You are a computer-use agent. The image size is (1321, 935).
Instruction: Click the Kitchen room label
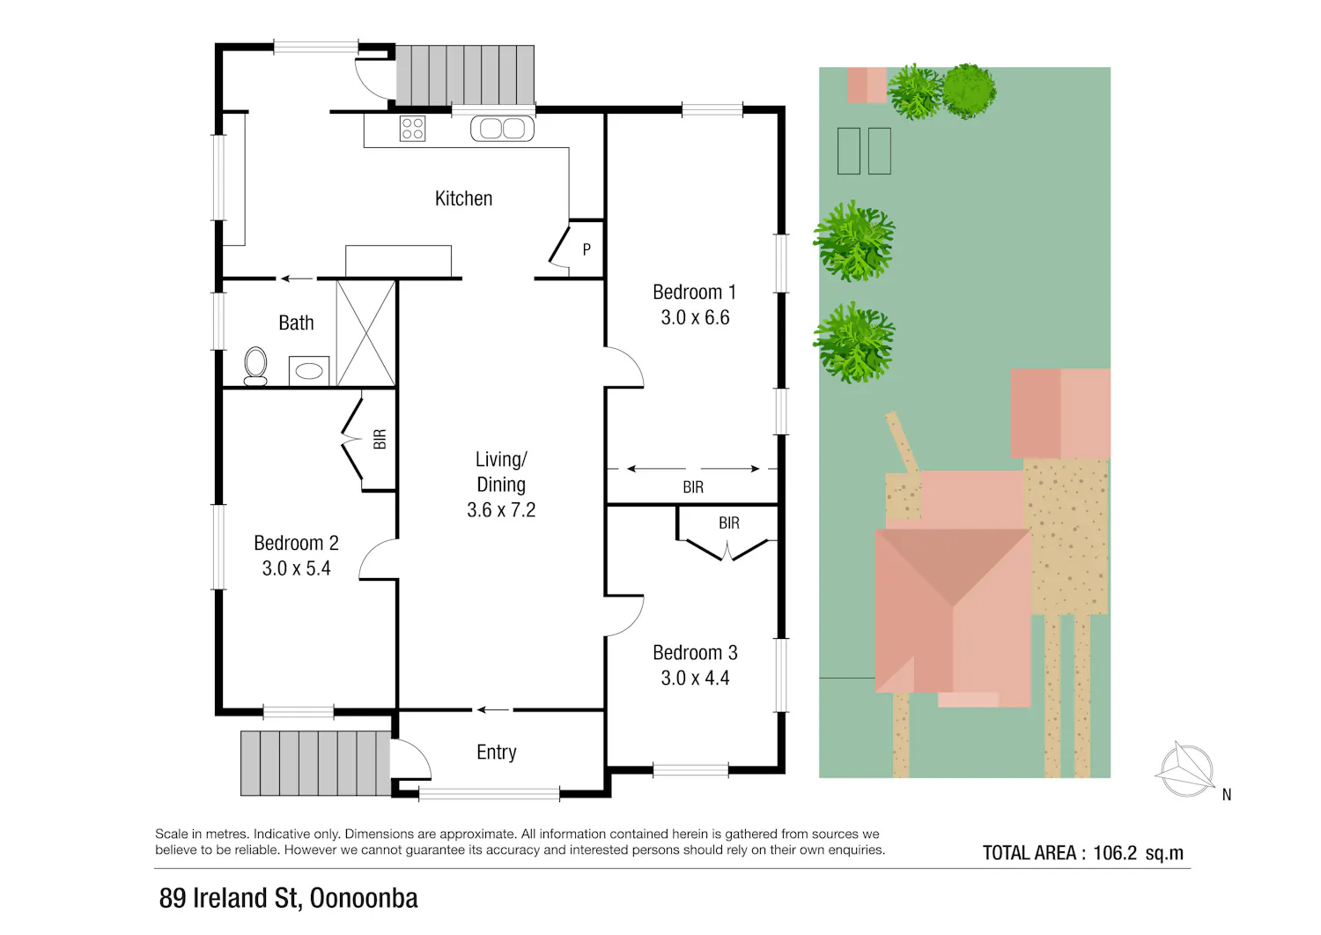tap(463, 198)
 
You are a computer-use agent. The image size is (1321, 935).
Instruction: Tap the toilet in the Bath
tap(255, 366)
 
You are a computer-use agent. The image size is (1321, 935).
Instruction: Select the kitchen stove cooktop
tap(412, 129)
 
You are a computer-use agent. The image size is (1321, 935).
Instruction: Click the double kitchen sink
tap(503, 129)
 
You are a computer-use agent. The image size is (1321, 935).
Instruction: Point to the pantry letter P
tap(587, 249)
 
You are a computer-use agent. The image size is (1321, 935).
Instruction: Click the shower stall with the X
tap(365, 333)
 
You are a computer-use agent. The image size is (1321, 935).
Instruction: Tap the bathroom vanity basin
tap(309, 371)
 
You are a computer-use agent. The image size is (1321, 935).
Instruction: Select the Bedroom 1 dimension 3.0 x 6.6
tap(695, 317)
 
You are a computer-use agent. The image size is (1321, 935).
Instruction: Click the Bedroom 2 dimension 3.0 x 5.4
tap(296, 568)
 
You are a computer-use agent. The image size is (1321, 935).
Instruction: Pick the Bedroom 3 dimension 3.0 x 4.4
tap(695, 679)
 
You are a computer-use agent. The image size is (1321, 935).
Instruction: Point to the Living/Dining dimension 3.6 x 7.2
tap(501, 510)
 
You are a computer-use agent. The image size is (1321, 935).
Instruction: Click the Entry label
tap(497, 752)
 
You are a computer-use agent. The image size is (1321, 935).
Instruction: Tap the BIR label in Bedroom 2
tap(380, 439)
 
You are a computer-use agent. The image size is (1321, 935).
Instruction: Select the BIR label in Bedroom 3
tap(729, 523)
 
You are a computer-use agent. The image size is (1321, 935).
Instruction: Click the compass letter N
tap(1227, 795)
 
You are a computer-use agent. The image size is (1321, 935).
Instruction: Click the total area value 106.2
tap(1115, 853)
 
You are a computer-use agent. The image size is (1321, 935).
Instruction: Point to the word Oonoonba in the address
tap(364, 898)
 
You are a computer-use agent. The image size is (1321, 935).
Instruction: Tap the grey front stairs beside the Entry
tap(315, 763)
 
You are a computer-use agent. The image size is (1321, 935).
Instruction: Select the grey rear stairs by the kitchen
tap(465, 76)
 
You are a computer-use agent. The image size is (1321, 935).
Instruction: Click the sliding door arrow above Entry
tap(493, 709)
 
